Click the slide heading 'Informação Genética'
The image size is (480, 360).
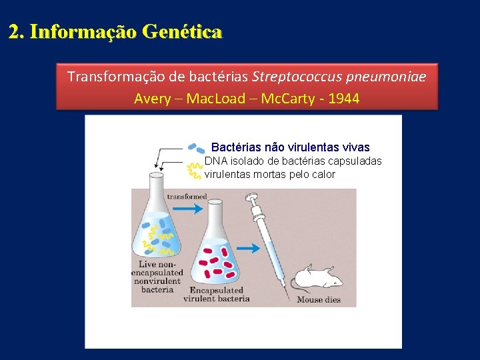[x=126, y=31]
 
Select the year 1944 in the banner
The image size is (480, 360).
[x=343, y=99]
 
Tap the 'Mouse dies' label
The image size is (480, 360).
[x=319, y=299]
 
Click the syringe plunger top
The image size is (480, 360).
[x=251, y=198]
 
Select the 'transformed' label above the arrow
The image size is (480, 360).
[x=187, y=197]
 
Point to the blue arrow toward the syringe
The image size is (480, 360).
[x=249, y=248]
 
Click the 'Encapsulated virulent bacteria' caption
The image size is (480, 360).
[x=216, y=295]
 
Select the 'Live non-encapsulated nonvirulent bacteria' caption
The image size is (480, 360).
[x=157, y=277]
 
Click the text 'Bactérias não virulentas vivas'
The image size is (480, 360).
[x=290, y=147]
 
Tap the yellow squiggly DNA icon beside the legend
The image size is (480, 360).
[x=195, y=170]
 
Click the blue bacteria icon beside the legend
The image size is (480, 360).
[x=196, y=148]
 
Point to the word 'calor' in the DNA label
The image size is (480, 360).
[x=323, y=175]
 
